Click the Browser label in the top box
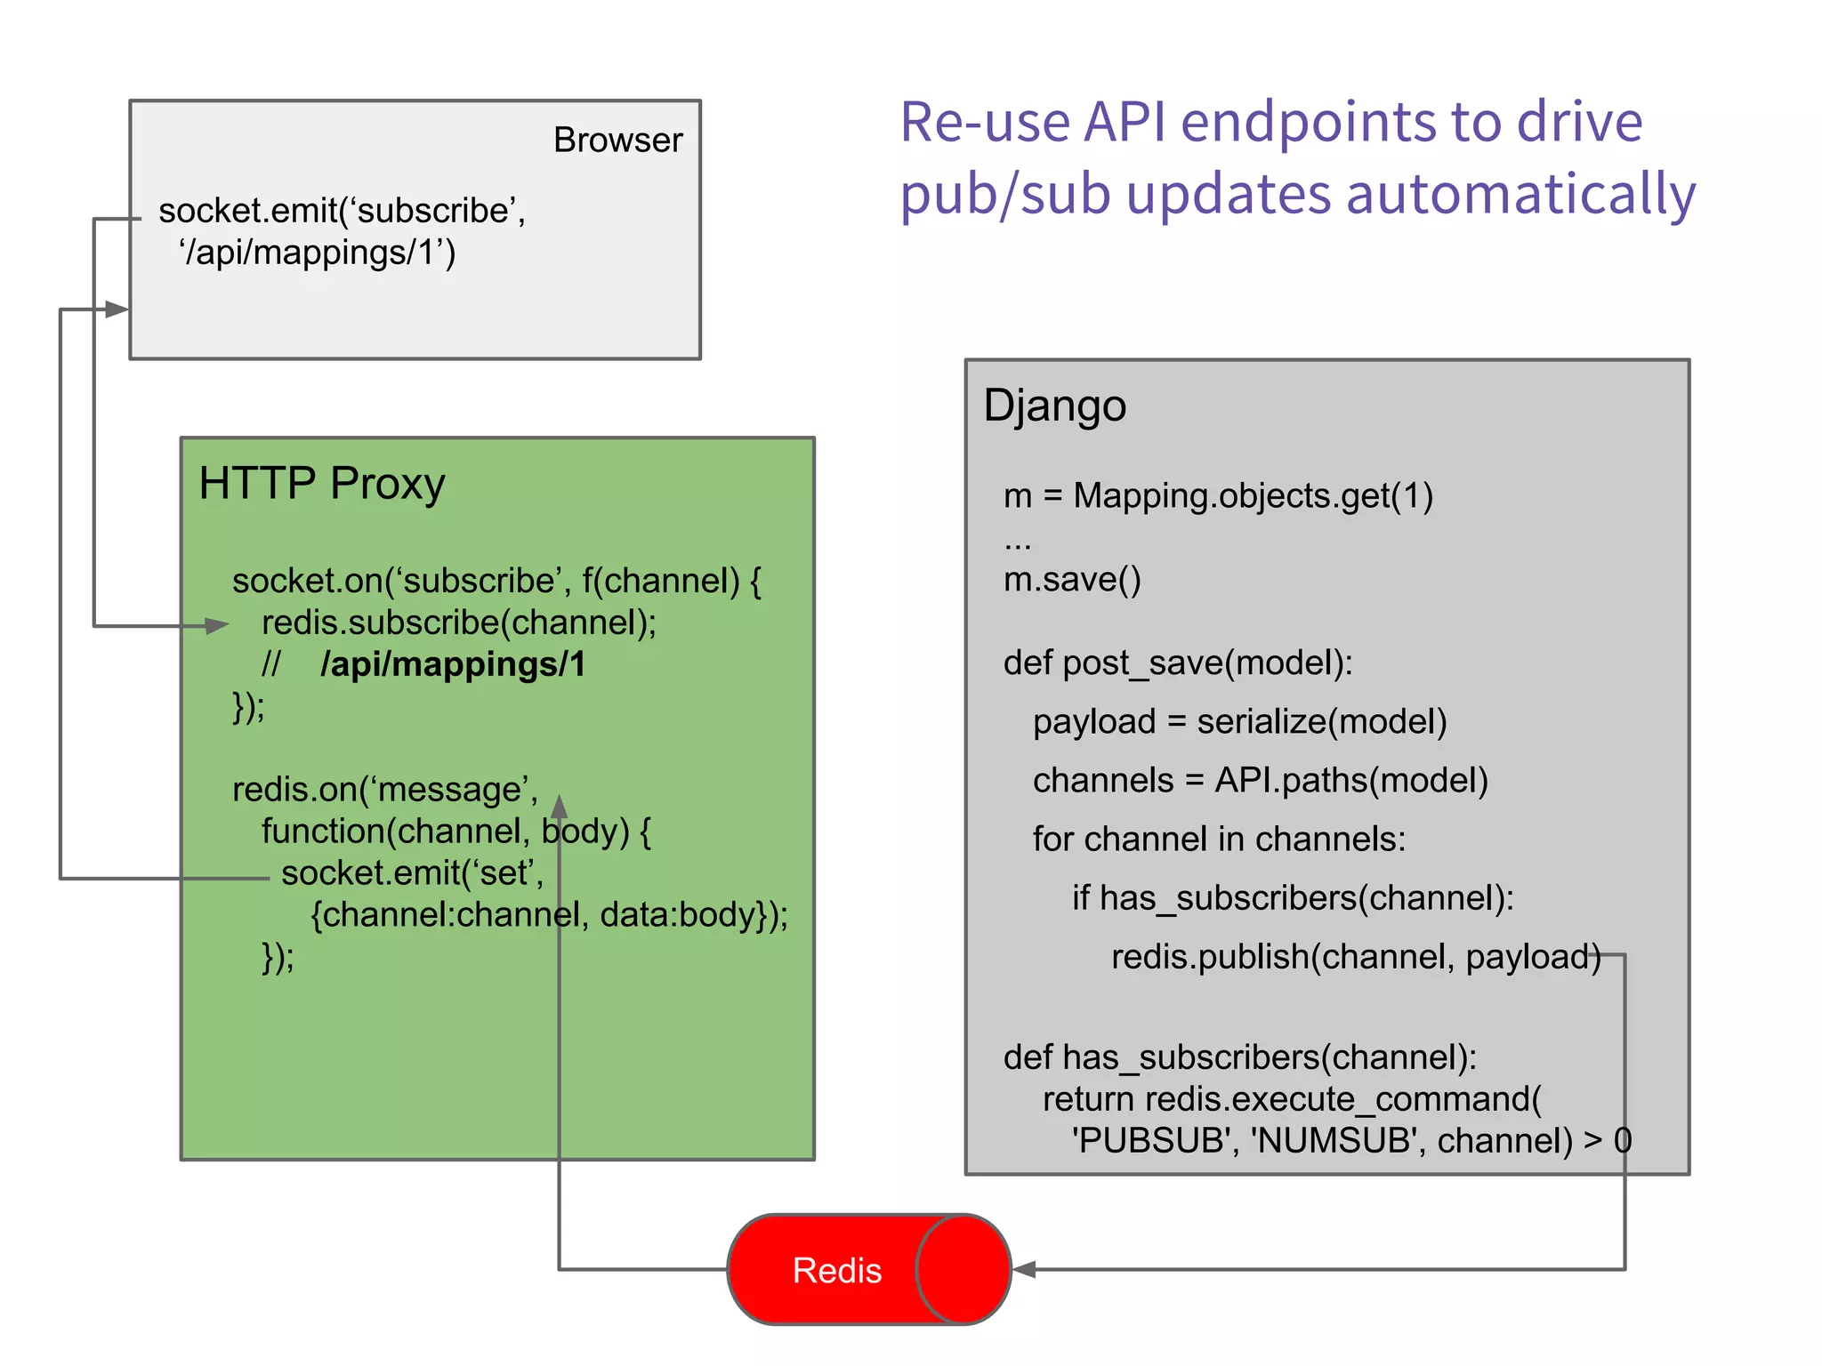(617, 141)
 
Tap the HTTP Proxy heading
(321, 484)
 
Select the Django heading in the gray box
(1054, 406)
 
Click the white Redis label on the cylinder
(836, 1270)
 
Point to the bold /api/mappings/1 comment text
(453, 665)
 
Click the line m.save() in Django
(1071, 580)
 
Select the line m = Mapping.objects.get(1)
(1218, 496)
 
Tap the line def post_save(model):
(1177, 663)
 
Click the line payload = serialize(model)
(1239, 721)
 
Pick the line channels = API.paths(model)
(1260, 780)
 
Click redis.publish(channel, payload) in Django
(1355, 957)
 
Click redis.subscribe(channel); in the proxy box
(458, 623)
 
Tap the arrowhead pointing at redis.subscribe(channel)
(217, 626)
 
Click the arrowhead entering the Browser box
(117, 309)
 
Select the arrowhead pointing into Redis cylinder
(1025, 1269)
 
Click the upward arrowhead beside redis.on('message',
(559, 807)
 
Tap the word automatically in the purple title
(1520, 194)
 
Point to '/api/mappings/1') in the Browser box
(318, 253)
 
